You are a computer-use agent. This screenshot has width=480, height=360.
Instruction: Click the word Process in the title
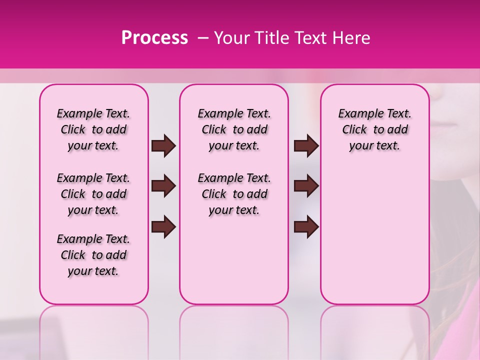click(x=154, y=38)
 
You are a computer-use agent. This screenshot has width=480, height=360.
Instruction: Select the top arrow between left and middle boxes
click(x=163, y=146)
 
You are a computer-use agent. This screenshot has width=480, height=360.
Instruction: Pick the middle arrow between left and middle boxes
click(x=163, y=186)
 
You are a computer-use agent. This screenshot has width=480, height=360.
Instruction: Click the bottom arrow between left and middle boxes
click(x=163, y=226)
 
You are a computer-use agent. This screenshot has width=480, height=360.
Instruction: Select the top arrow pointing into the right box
click(x=306, y=146)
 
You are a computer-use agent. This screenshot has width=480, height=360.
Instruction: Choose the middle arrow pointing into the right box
click(x=306, y=186)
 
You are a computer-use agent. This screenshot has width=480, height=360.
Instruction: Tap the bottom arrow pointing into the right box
click(x=306, y=226)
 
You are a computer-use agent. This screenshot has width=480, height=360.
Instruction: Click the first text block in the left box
click(x=93, y=129)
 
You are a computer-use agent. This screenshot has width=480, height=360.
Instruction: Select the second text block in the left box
click(x=93, y=194)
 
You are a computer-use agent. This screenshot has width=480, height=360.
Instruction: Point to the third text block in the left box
click(x=93, y=255)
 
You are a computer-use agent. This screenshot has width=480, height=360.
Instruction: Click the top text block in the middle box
click(x=234, y=129)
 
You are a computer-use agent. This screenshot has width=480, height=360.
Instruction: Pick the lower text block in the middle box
click(x=234, y=194)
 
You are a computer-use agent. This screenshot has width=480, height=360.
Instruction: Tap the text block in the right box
click(x=375, y=129)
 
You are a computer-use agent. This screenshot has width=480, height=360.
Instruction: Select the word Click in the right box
click(x=354, y=130)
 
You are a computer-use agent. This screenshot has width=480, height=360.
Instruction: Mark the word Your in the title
click(x=231, y=38)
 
